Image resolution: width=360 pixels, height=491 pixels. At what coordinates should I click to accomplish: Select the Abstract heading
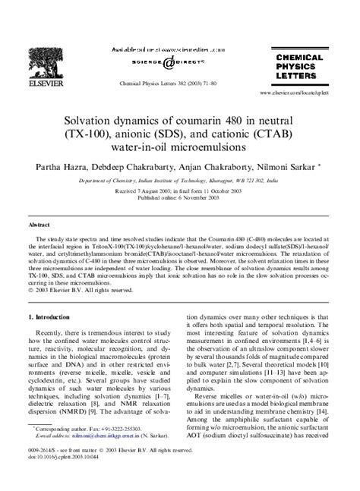(39, 225)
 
